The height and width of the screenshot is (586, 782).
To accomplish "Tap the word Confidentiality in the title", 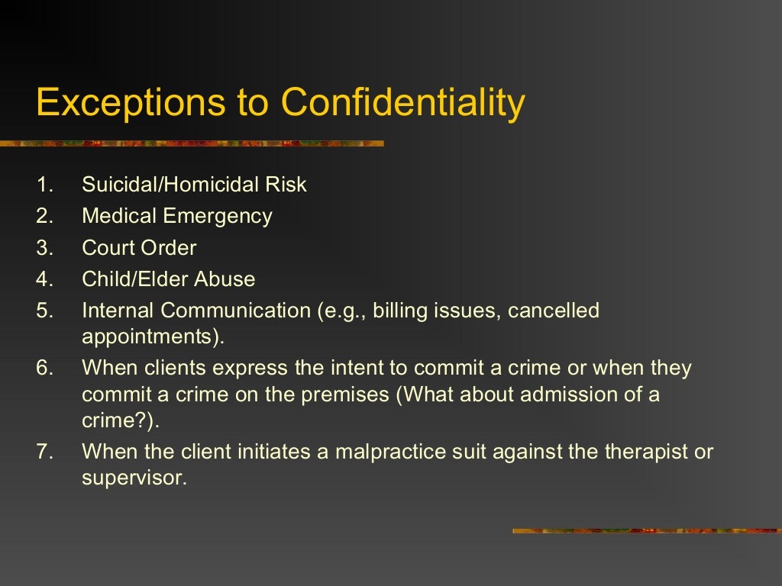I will click(403, 103).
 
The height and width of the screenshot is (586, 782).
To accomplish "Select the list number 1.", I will click(44, 185).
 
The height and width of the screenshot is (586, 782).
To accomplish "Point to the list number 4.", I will click(44, 279).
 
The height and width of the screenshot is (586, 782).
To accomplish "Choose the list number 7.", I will click(44, 451).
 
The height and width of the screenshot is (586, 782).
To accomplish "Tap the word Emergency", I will click(218, 217).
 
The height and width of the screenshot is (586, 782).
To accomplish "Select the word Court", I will click(108, 248).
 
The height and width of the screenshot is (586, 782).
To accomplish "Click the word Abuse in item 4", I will click(225, 279).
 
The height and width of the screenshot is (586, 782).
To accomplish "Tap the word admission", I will click(561, 395).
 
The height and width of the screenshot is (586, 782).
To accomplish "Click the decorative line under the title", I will click(191, 143).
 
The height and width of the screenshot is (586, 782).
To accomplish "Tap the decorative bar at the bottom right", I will click(647, 530).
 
